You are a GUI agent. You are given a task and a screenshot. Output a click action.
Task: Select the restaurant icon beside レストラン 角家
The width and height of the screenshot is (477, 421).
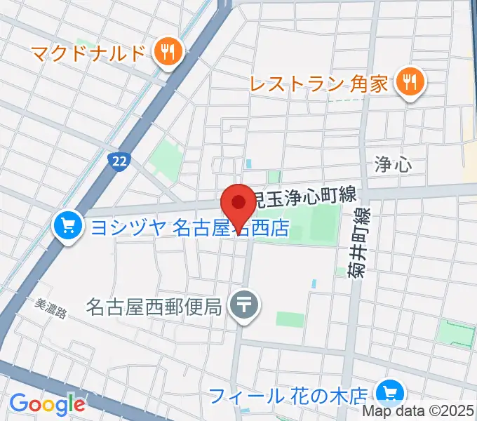click(407, 84)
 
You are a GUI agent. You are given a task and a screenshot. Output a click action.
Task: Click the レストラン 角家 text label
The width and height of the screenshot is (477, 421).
click(319, 85)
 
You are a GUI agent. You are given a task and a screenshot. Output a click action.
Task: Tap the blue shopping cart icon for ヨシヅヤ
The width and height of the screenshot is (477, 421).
click(67, 226)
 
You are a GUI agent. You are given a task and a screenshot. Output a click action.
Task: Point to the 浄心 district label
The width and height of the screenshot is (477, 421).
click(393, 165)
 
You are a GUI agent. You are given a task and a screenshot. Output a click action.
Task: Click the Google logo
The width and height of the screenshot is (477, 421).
click(47, 404)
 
